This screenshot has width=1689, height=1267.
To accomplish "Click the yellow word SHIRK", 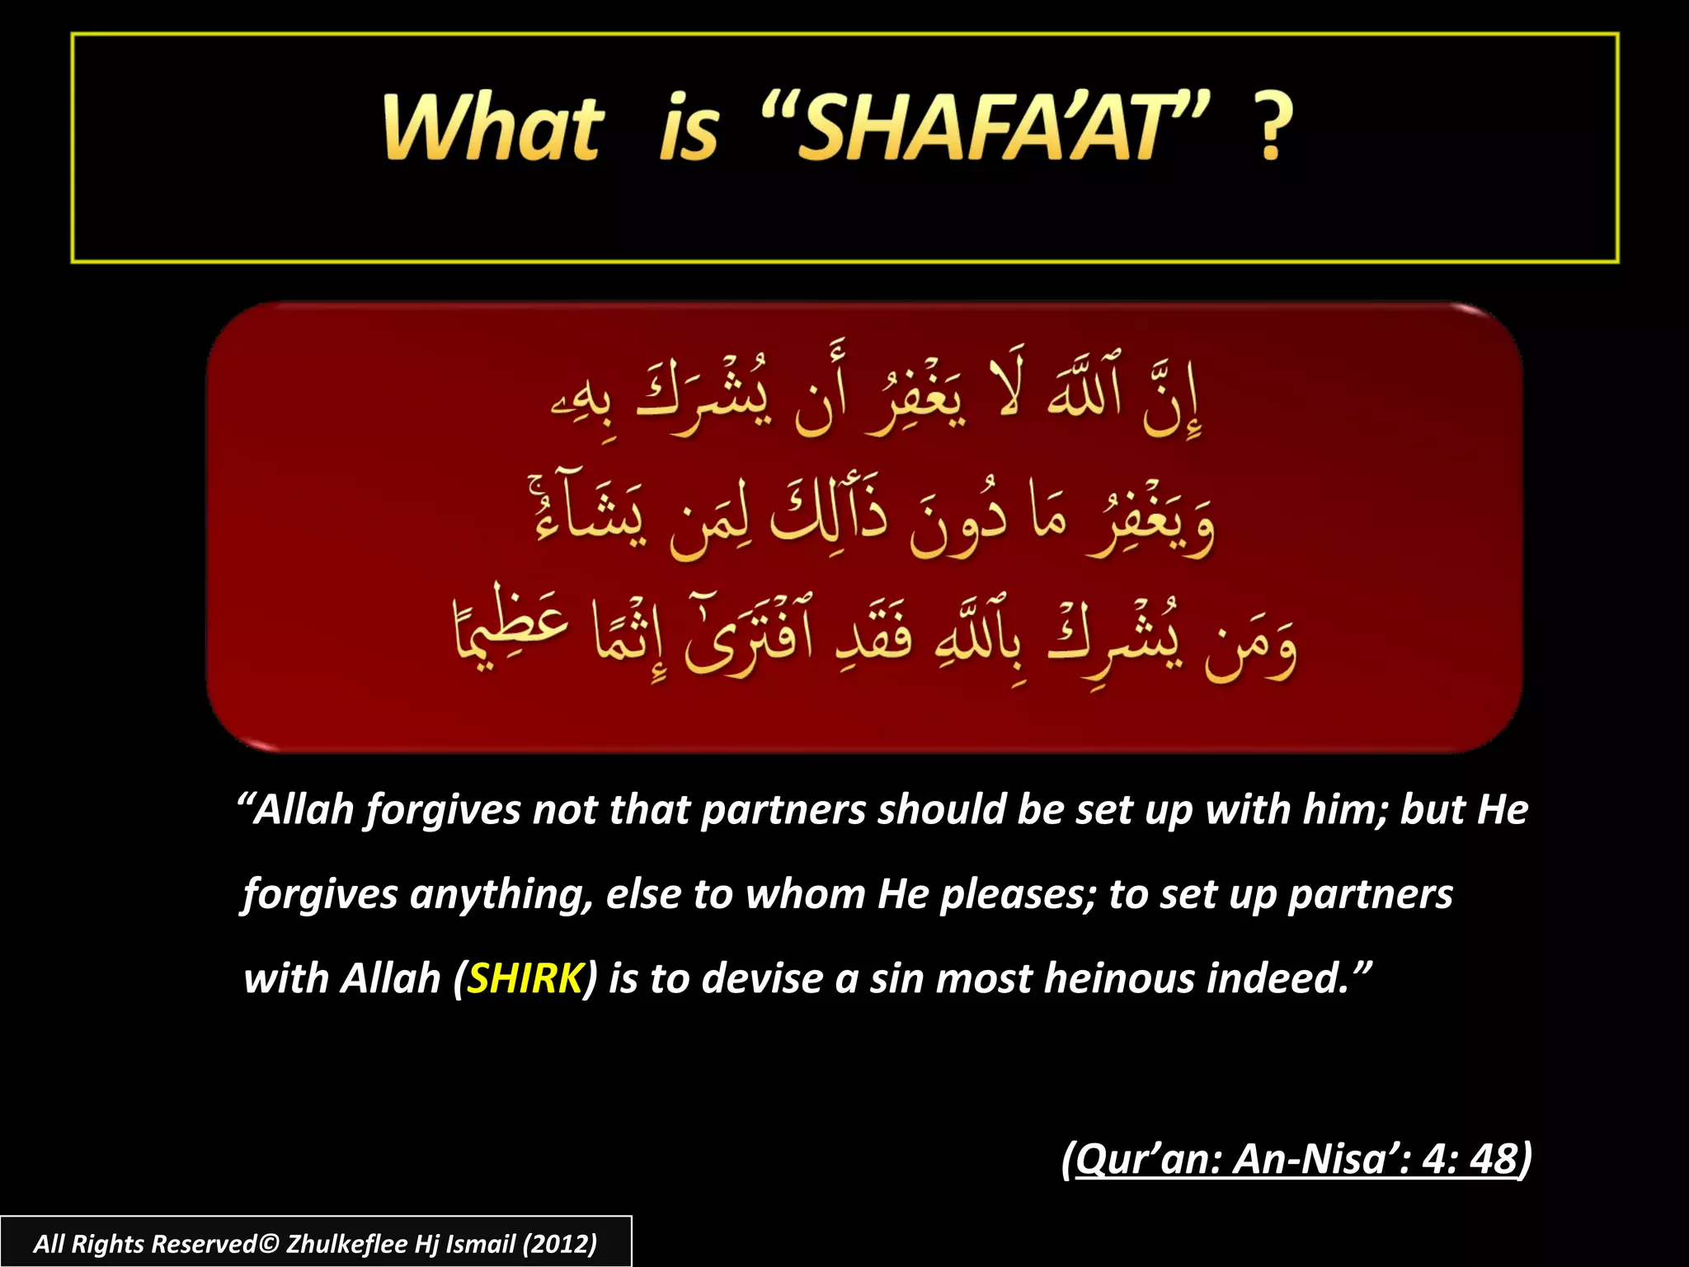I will pos(525,978).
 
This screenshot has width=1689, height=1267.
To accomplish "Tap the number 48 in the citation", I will pos(1494,1158).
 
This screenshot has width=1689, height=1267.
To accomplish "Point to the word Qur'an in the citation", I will pos(1147,1158).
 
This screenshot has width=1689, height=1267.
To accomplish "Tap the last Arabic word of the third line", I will pos(511,631).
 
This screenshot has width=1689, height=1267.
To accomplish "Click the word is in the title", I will pos(689,128).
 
